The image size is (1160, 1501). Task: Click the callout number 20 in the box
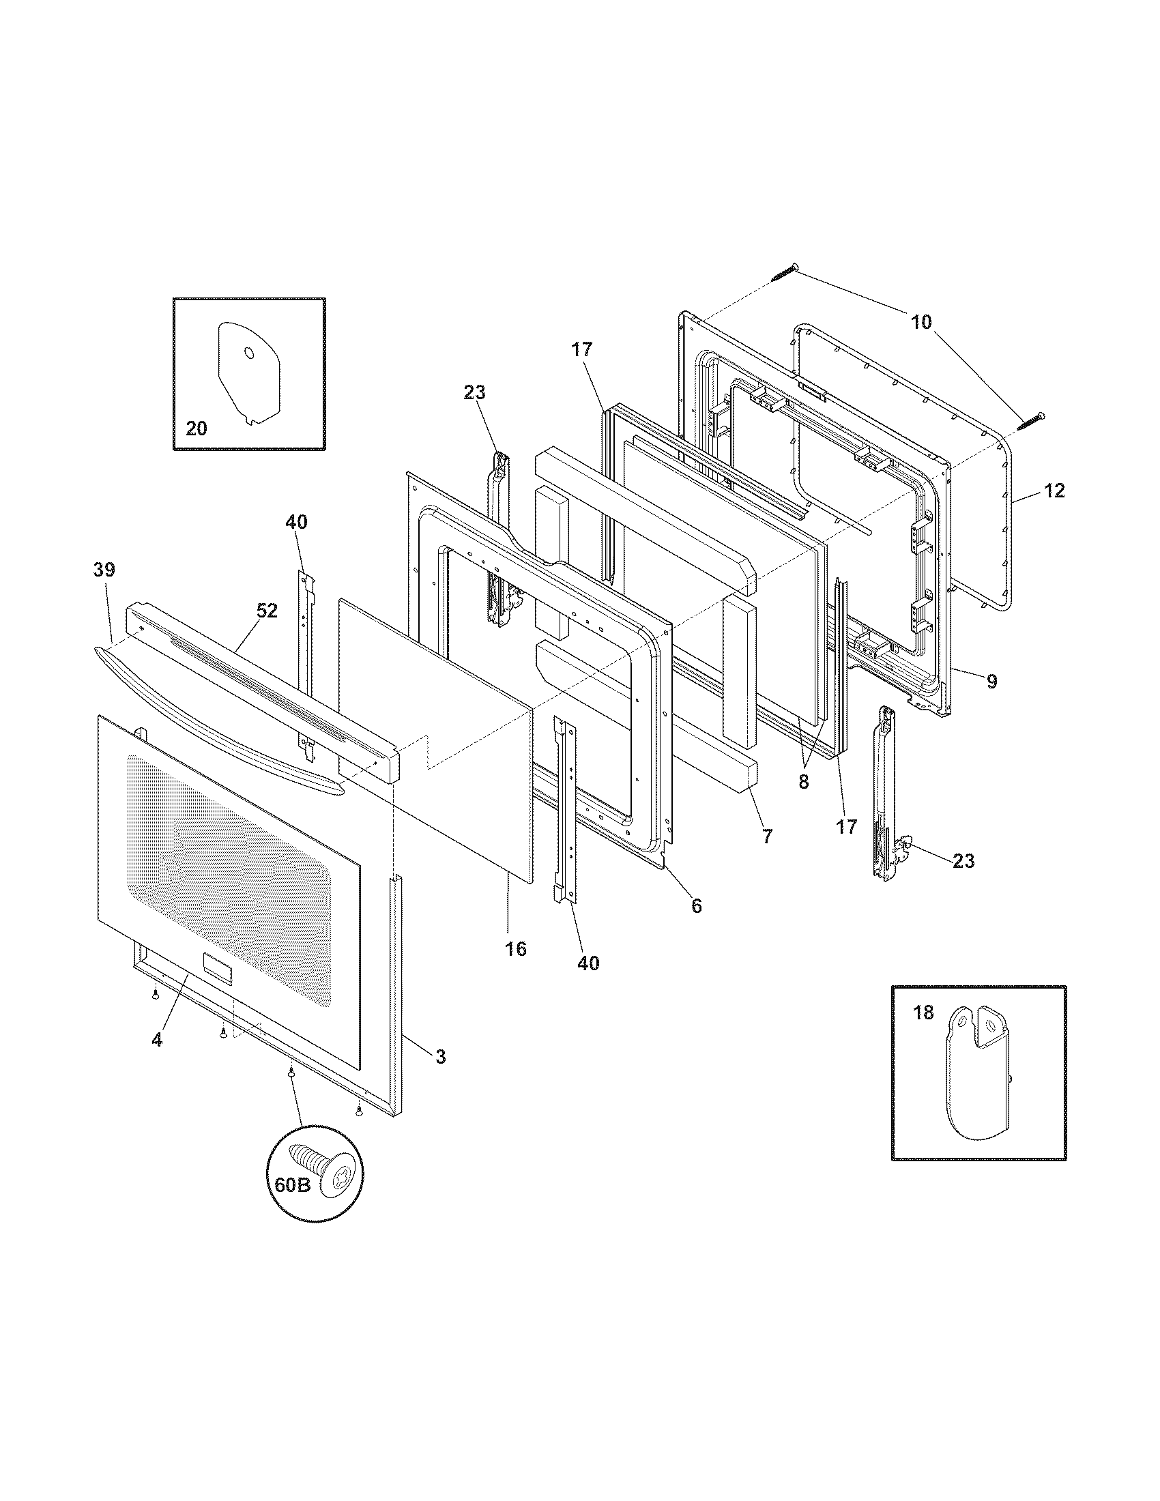tap(196, 429)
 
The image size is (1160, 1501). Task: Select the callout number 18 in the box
tap(925, 1012)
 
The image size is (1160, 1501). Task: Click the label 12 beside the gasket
tap(1054, 491)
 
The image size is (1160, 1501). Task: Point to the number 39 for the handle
tap(104, 570)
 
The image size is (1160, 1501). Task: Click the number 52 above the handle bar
tap(267, 611)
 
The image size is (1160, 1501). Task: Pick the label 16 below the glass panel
tap(515, 949)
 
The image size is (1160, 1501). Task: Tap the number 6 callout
tap(696, 906)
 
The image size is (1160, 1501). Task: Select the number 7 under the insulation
tap(767, 836)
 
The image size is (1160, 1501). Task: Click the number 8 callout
tap(803, 781)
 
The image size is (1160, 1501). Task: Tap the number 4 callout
tap(158, 1040)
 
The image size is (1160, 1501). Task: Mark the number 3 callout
tap(441, 1056)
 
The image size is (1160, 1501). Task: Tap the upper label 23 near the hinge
tap(474, 392)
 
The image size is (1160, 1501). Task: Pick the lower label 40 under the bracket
tap(588, 963)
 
